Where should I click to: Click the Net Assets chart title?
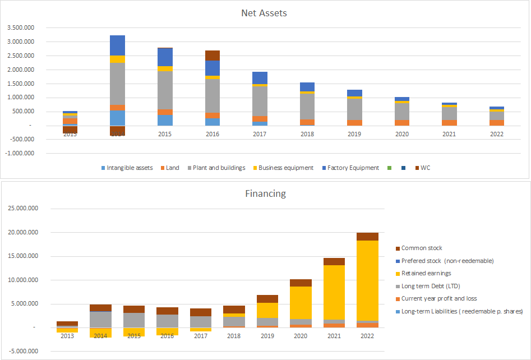coord(264,13)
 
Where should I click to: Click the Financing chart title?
coord(265,193)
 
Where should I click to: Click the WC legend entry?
coord(424,168)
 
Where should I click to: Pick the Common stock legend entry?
coord(422,248)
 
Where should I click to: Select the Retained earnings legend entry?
coord(426,273)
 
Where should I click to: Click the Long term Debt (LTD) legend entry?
coord(431,285)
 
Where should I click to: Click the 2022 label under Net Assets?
coord(496,134)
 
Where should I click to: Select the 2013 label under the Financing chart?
coord(67,335)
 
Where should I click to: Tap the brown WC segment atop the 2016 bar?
coord(213,55)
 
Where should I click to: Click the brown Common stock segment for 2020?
coord(301,283)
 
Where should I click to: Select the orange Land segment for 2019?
coord(354,122)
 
